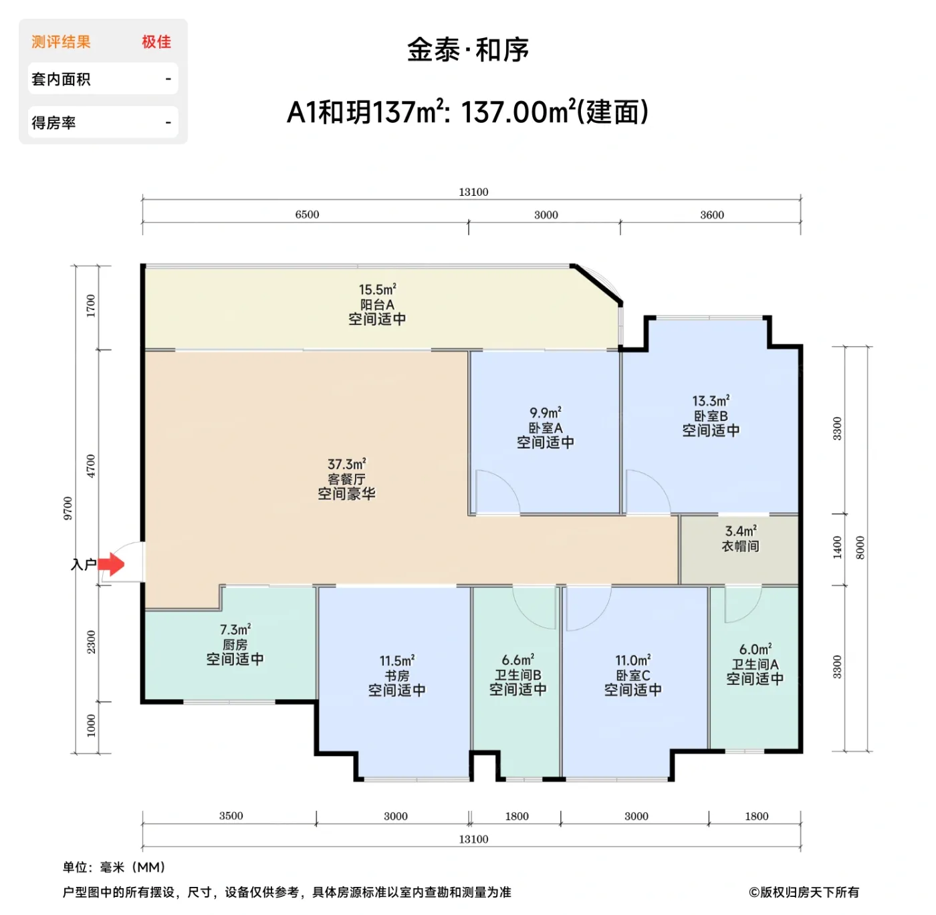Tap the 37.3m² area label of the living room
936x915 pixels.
coord(346,464)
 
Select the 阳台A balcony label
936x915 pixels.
coord(377,305)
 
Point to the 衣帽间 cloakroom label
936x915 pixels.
coord(740,546)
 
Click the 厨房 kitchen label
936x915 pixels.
coord(235,644)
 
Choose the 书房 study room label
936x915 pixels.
coord(396,676)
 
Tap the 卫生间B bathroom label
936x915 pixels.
coord(517,675)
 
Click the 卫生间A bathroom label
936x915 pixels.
coord(755,664)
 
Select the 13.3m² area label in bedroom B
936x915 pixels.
coord(711,401)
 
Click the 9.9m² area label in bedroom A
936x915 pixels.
coord(546,413)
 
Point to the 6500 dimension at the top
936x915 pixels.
coord(307,215)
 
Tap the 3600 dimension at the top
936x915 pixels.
coord(712,215)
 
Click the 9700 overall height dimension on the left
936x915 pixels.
coord(68,508)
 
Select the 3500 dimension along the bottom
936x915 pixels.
coord(231,816)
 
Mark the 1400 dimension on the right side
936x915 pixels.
coord(838,547)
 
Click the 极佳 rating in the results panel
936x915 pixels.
coord(156,42)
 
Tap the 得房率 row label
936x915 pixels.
coord(53,123)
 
